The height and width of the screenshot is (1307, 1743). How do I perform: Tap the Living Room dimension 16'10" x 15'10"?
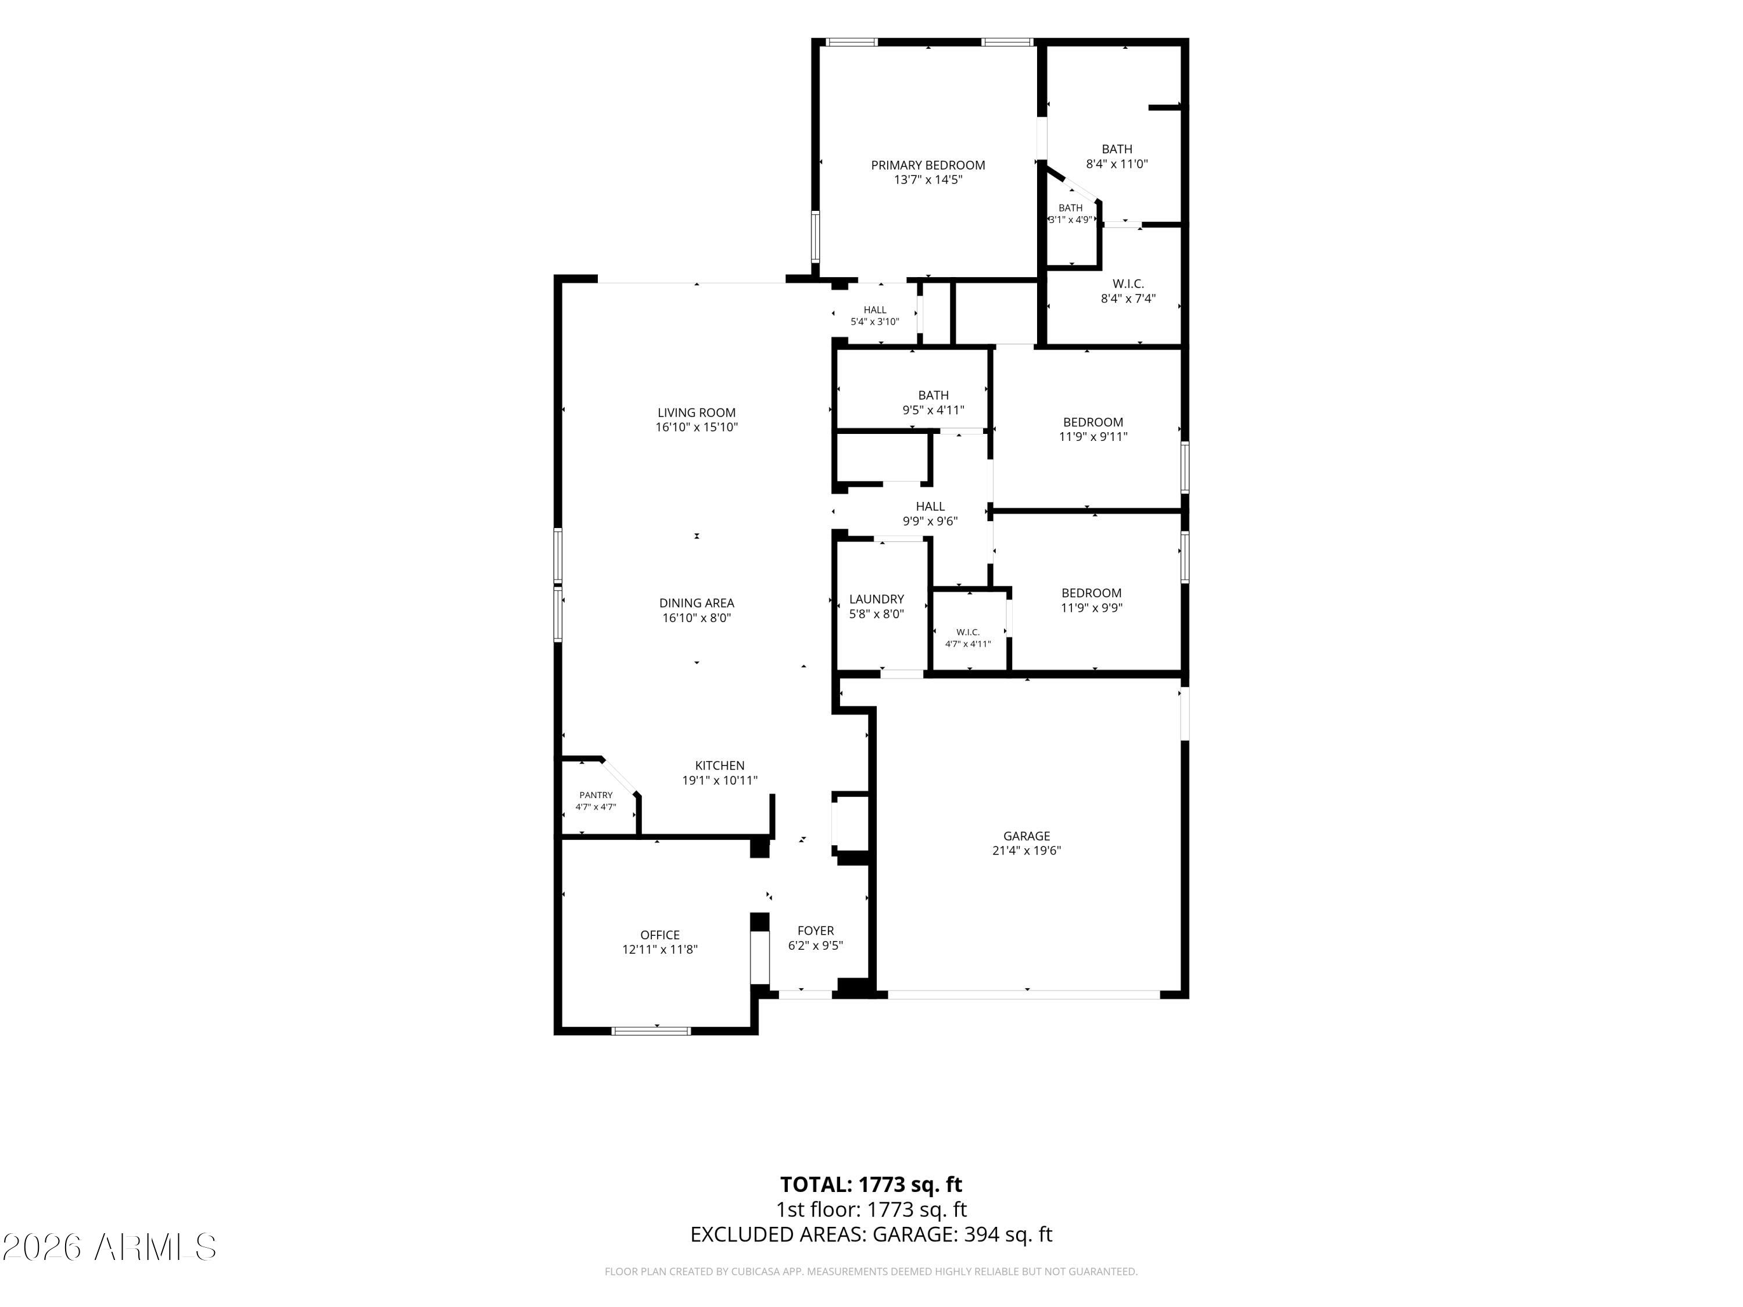pyautogui.click(x=697, y=427)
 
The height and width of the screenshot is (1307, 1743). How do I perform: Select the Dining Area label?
pyautogui.click(x=697, y=604)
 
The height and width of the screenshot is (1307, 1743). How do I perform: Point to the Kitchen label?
pyautogui.click(x=719, y=766)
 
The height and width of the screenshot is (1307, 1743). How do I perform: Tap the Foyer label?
pyautogui.click(x=816, y=931)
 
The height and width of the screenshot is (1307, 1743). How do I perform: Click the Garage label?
pyautogui.click(x=1027, y=836)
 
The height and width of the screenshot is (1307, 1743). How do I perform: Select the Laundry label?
pyautogui.click(x=876, y=599)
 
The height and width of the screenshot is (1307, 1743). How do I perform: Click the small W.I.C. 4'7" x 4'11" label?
pyautogui.click(x=967, y=638)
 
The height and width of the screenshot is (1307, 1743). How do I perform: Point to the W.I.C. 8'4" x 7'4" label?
pyautogui.click(x=1128, y=290)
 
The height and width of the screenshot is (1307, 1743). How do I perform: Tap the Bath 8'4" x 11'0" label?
pyautogui.click(x=1117, y=157)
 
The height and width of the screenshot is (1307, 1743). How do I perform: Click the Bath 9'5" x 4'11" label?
pyautogui.click(x=933, y=403)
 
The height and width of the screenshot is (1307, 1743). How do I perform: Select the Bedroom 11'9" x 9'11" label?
pyautogui.click(x=1093, y=429)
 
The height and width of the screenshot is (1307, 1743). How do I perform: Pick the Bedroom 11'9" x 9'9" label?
pyautogui.click(x=1091, y=600)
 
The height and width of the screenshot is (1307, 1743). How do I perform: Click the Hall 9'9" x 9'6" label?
pyautogui.click(x=930, y=514)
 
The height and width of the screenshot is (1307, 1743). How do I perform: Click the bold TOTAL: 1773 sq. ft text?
pyautogui.click(x=871, y=1185)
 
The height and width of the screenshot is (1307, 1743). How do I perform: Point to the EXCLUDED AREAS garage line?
pyautogui.click(x=871, y=1234)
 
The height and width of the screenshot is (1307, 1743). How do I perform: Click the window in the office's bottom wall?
pyautogui.click(x=652, y=1030)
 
